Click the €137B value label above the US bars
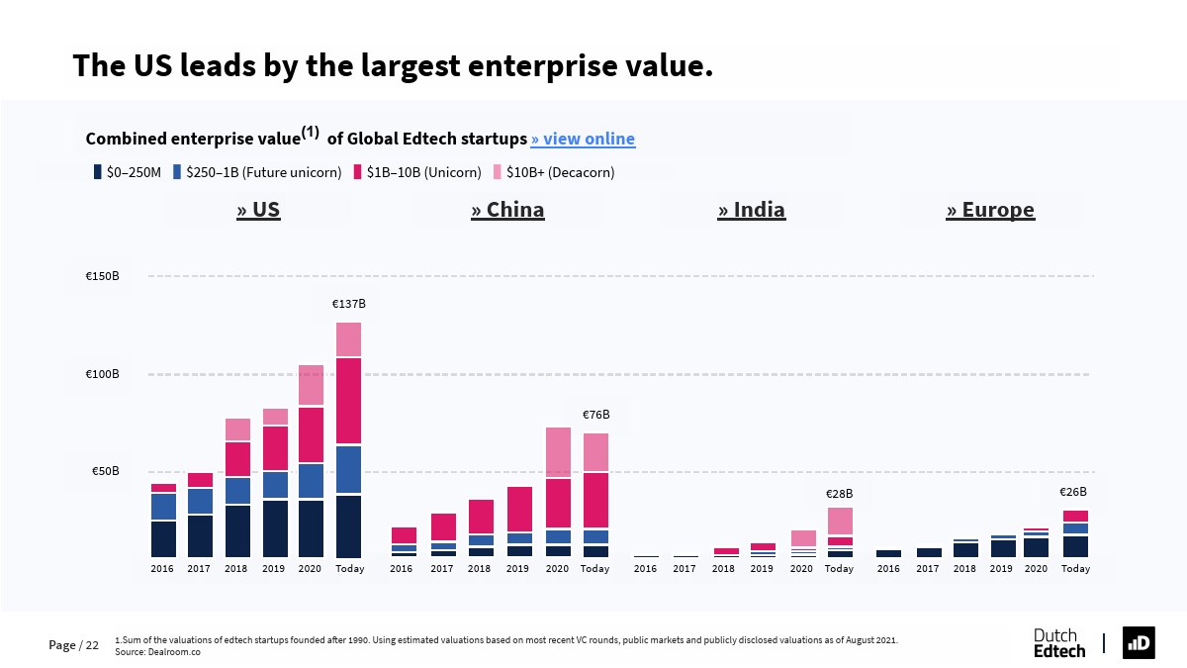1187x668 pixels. click(x=348, y=304)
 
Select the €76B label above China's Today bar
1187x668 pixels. click(x=595, y=415)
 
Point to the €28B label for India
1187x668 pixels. click(x=839, y=494)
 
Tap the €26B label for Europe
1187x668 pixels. click(x=1073, y=492)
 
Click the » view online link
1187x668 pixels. click(x=583, y=139)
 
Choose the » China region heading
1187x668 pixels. click(x=507, y=210)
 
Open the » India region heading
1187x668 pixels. click(x=752, y=210)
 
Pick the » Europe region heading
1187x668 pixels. click(x=990, y=210)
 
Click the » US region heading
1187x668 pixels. click(x=258, y=210)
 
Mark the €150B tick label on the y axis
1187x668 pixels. click(x=103, y=276)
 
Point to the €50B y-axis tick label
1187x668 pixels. click(x=106, y=471)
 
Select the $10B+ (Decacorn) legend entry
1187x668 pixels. click(x=554, y=172)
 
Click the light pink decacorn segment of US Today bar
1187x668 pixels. click(x=348, y=338)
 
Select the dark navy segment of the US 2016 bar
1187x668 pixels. click(x=163, y=538)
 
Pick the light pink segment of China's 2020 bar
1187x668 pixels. click(x=558, y=451)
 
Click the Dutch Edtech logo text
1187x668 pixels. click(x=1058, y=643)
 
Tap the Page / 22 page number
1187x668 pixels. click(x=74, y=645)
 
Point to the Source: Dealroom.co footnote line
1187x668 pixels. click(x=158, y=652)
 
